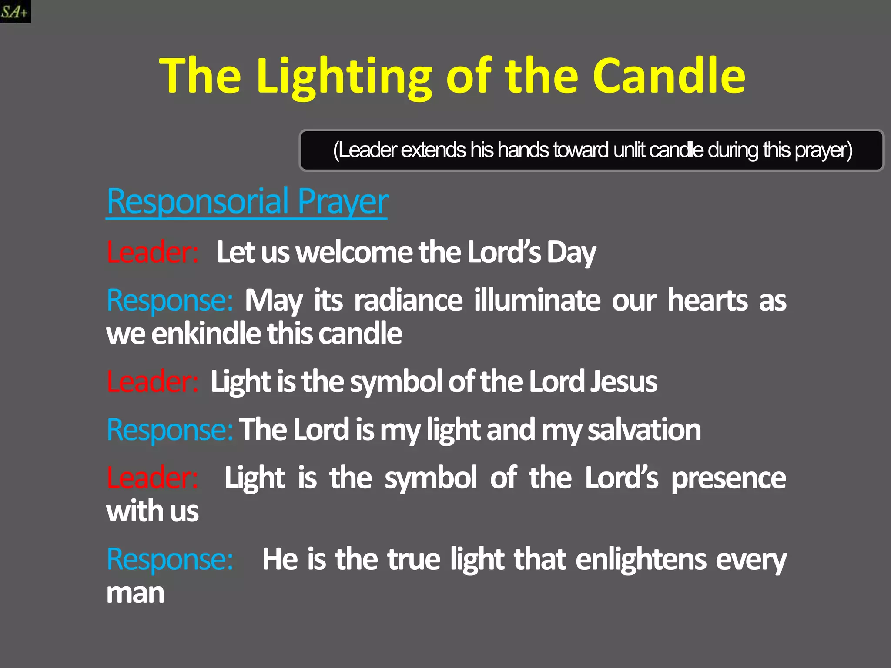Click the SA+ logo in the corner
click(x=15, y=11)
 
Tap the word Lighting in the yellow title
click(x=344, y=76)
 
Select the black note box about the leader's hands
click(x=592, y=150)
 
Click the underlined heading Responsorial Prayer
click(x=247, y=201)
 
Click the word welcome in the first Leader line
click(x=354, y=252)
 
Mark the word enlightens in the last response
click(x=641, y=559)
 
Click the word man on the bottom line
click(x=135, y=593)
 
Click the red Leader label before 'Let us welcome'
click(x=153, y=252)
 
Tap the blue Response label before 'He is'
click(x=170, y=559)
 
